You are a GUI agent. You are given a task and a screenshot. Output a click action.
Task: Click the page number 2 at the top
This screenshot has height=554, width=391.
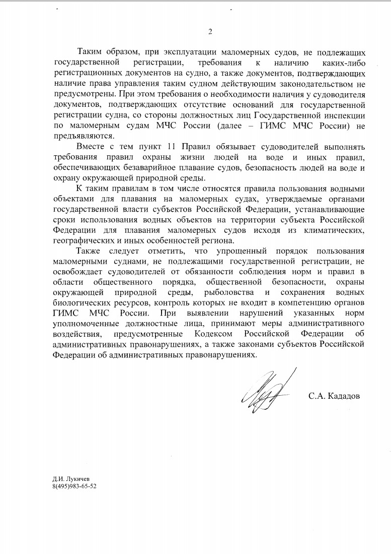(x=210, y=32)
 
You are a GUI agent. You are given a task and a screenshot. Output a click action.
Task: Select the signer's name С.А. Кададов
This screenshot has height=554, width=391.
(x=334, y=396)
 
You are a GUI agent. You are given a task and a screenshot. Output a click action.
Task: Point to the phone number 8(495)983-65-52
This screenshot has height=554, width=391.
(x=74, y=487)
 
